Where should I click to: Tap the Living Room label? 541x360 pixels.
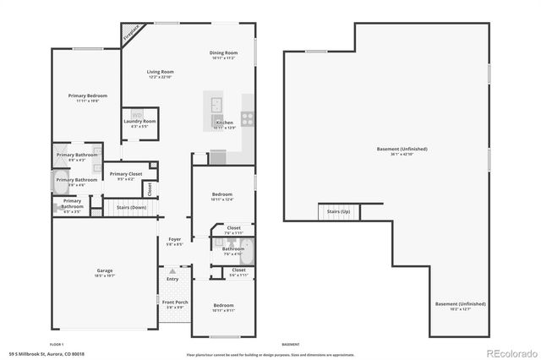click(160, 74)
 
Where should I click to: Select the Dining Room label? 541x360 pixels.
click(223, 54)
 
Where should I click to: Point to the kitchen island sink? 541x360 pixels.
click(217, 105)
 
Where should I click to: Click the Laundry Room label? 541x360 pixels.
click(139, 122)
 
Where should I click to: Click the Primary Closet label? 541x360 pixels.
click(125, 175)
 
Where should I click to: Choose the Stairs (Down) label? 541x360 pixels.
click(131, 207)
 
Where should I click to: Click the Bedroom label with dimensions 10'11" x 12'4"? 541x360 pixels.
click(222, 195)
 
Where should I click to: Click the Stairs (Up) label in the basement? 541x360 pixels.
click(339, 211)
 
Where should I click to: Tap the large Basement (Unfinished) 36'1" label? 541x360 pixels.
click(402, 150)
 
